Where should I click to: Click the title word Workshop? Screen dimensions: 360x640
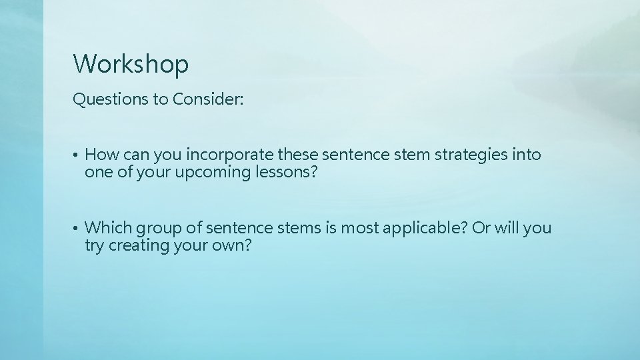click(x=131, y=64)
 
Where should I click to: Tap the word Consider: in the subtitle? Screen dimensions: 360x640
click(x=208, y=100)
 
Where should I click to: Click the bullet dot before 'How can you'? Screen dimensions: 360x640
click(x=77, y=156)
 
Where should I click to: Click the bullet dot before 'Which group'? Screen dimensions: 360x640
click(x=77, y=229)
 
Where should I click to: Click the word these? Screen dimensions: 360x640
click(x=297, y=155)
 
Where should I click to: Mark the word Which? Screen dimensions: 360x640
click(x=109, y=229)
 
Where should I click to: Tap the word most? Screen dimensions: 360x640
click(x=360, y=229)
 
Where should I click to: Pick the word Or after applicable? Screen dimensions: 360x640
click(x=481, y=229)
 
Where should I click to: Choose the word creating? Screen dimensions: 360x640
click(x=140, y=245)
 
